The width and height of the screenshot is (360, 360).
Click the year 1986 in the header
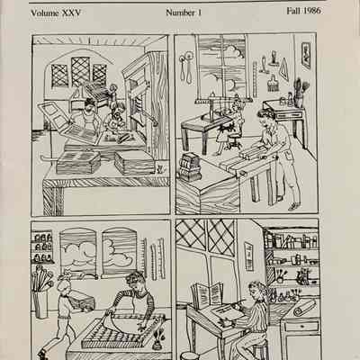(x=312, y=11)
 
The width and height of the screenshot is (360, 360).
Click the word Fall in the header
(x=293, y=11)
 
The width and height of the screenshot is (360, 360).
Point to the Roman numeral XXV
(x=71, y=13)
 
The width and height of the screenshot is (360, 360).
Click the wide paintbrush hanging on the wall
(x=273, y=82)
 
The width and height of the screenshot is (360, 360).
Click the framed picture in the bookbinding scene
(x=306, y=56)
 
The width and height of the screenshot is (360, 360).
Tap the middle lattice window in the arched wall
(x=80, y=71)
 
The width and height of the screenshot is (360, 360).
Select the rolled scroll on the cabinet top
(x=304, y=308)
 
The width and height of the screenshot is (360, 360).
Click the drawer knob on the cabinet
(x=301, y=327)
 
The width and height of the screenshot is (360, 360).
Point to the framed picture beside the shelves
(x=249, y=256)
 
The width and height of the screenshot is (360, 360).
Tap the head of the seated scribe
(x=256, y=291)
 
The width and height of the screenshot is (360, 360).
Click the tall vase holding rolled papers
(x=41, y=304)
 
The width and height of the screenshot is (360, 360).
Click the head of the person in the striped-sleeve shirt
(x=137, y=282)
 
